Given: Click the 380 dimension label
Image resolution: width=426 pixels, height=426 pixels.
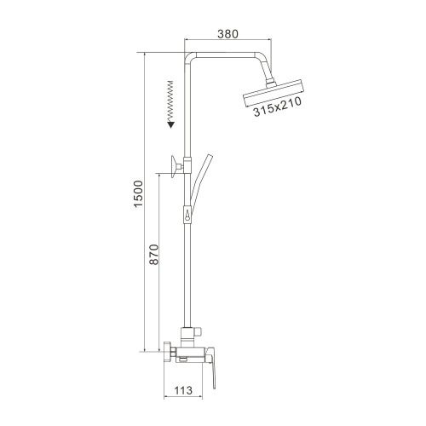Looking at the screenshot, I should tap(226, 35).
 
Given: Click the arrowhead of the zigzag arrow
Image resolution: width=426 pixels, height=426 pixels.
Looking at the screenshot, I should tap(170, 124).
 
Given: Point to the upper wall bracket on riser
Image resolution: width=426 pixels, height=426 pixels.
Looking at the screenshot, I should tap(176, 165).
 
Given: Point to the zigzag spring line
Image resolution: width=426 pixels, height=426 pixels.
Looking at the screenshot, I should tap(170, 98).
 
